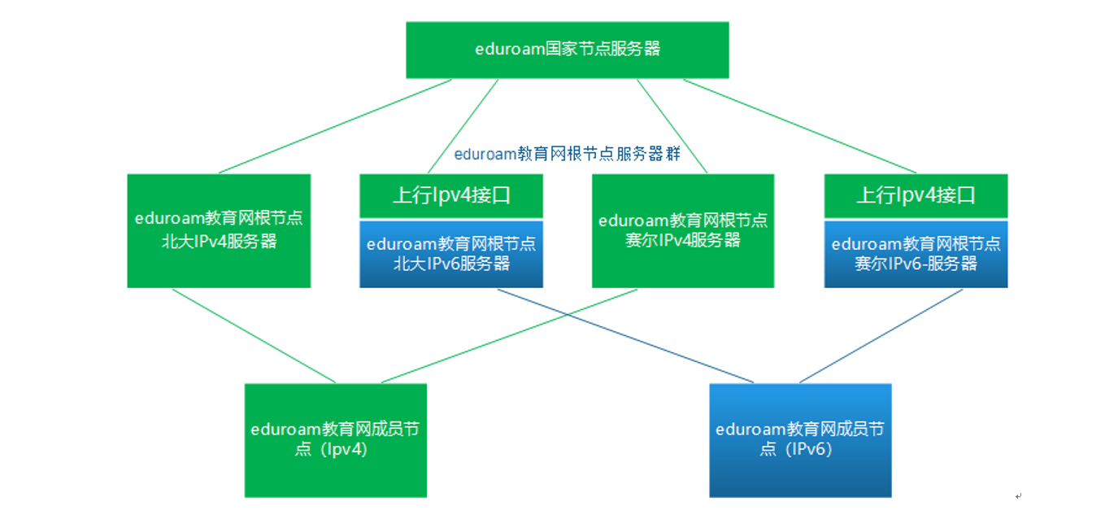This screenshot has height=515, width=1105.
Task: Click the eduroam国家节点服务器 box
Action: pyautogui.click(x=568, y=50)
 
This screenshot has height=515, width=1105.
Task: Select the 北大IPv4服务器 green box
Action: pyautogui.click(x=219, y=230)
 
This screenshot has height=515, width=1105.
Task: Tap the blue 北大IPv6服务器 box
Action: pyautogui.click(x=451, y=254)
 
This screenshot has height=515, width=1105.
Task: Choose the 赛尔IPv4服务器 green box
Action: pyautogui.click(x=683, y=230)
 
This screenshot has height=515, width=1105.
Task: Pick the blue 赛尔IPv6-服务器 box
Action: pyautogui.click(x=916, y=254)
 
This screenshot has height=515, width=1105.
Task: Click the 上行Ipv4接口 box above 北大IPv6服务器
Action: pyautogui.click(x=451, y=195)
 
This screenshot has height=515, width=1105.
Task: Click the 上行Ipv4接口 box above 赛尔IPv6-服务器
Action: pyautogui.click(x=916, y=195)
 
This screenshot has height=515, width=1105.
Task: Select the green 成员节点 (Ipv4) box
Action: pyautogui.click(x=336, y=440)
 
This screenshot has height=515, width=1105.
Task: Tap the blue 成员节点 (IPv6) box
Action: pyautogui.click(x=800, y=440)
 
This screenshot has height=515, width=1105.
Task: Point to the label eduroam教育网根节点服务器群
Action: pyautogui.click(x=568, y=154)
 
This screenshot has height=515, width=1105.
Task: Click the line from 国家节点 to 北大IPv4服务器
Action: pyautogui.click(x=335, y=126)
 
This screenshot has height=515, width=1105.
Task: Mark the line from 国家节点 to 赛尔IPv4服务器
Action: pyautogui.click(x=672, y=126)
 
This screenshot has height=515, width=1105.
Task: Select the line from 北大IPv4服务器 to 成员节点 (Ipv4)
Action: pyautogui.click(x=254, y=336)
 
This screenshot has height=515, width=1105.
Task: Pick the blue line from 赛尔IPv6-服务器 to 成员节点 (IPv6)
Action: pyautogui.click(x=881, y=336)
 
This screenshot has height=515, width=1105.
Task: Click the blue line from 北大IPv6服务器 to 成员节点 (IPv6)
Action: pyautogui.click(x=625, y=336)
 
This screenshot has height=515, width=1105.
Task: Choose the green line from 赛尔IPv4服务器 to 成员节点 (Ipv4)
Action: pyautogui.click(x=510, y=336)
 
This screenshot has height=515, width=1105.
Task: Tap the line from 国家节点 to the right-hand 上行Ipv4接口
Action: pyautogui.click(x=799, y=126)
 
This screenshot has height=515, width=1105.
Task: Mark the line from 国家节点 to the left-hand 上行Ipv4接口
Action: pyautogui.click(x=463, y=126)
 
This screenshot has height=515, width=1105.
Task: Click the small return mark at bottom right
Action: pyautogui.click(x=1018, y=496)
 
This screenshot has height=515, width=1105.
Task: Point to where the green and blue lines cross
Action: pyautogui.click(x=568, y=315)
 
